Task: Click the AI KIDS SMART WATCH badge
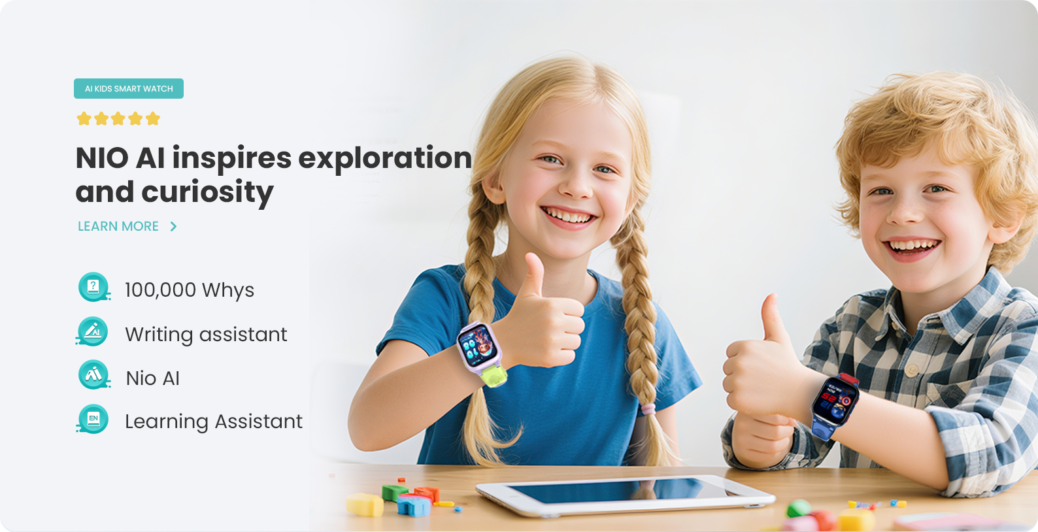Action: point(129,88)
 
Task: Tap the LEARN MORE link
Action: point(118,226)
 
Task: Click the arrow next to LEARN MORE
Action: point(173,226)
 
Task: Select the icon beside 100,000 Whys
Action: point(93,287)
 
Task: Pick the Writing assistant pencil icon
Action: point(93,331)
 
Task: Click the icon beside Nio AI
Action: point(94,374)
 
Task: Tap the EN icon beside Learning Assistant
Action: point(93,419)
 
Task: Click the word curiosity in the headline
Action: point(207,192)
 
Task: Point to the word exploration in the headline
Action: point(385,159)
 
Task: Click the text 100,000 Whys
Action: point(190,290)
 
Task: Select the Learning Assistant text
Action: point(214,422)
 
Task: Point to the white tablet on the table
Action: point(626,495)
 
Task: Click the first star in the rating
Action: point(84,119)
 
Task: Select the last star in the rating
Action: point(152,119)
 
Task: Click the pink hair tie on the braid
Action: point(648,409)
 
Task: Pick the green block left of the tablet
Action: point(394,493)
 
